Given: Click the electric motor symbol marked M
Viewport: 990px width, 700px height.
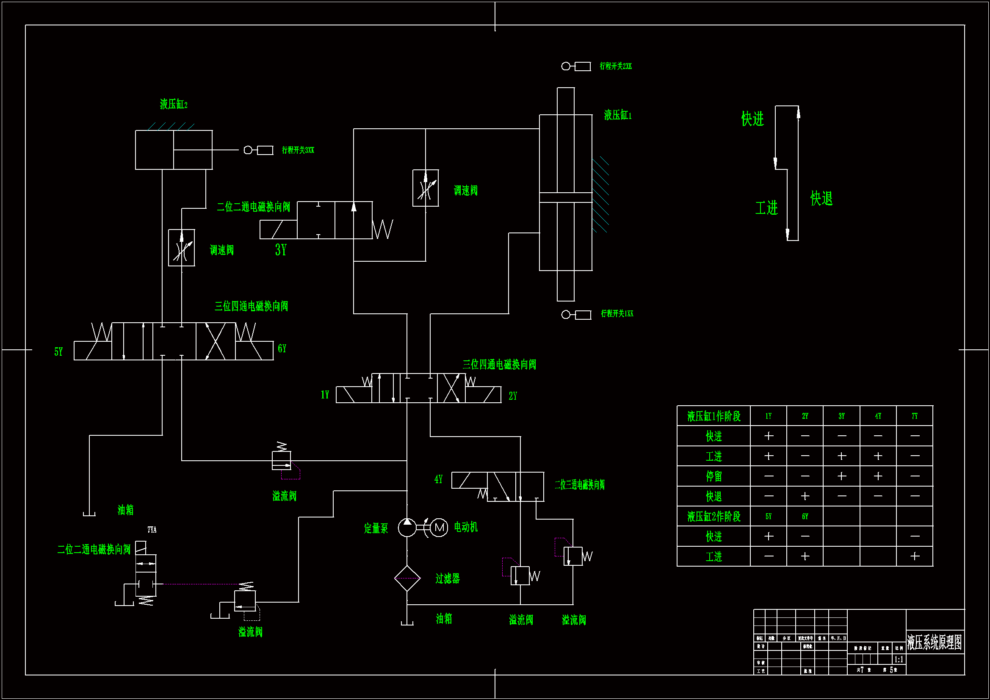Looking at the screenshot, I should click(439, 528).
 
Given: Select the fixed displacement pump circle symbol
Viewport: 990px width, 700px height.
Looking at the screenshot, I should click(407, 528).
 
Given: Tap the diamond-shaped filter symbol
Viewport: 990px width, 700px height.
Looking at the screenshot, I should click(407, 578).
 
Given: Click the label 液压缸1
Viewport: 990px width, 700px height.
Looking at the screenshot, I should click(617, 115).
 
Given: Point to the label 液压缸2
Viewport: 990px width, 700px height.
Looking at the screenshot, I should click(173, 104).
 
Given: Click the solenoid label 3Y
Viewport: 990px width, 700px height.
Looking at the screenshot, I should click(281, 250).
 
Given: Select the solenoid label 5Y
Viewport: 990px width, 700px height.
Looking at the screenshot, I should click(58, 352).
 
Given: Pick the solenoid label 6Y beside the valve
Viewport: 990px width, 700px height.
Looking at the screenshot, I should click(282, 349).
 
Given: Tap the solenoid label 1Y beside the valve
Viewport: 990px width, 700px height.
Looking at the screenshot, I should click(325, 395).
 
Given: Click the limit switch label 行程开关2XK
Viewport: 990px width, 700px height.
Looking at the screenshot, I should click(615, 66).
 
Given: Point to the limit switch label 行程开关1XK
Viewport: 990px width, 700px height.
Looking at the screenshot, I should click(617, 313).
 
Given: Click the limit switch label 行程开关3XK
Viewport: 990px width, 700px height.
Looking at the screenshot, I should click(298, 150).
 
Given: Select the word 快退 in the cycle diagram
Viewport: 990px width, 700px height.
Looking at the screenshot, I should click(821, 199).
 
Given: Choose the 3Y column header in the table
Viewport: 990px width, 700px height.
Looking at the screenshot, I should click(841, 416).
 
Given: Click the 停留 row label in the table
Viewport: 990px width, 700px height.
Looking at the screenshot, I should click(713, 476).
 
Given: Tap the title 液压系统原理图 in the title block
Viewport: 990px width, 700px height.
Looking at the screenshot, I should click(935, 642).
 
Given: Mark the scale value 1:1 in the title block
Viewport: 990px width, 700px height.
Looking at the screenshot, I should click(899, 659).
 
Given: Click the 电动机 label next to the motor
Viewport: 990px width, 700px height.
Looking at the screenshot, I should click(466, 527).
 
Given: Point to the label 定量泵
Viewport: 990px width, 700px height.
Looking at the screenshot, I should click(376, 528).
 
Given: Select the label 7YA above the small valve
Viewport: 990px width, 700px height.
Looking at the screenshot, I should click(152, 530).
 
